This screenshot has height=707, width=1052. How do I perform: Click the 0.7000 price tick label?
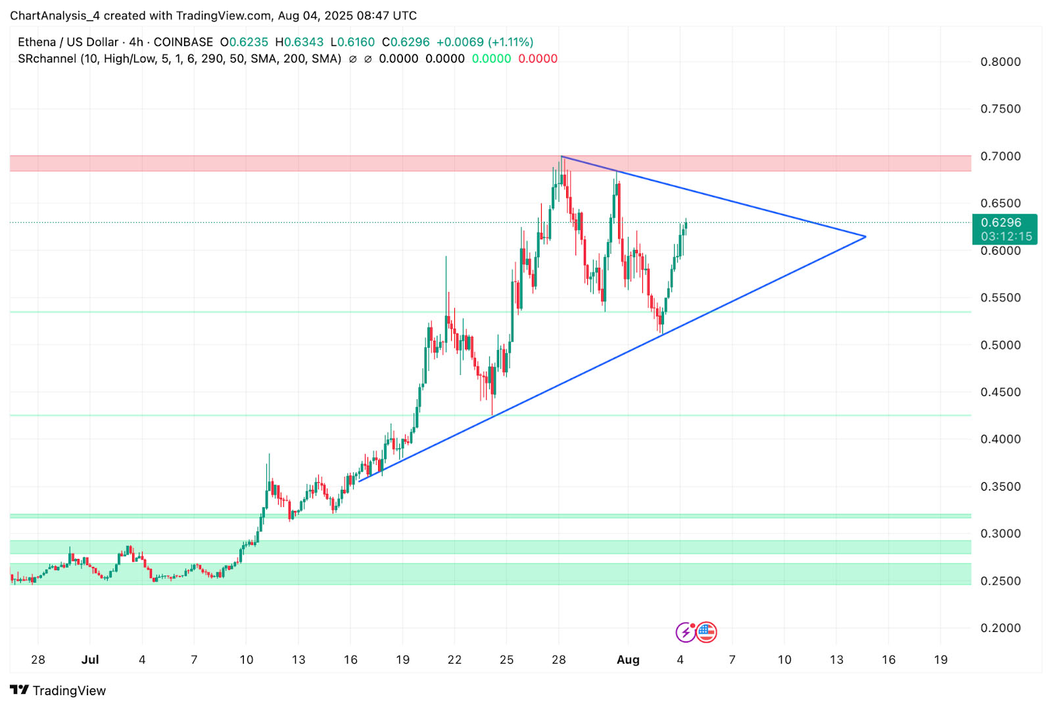click(x=1000, y=157)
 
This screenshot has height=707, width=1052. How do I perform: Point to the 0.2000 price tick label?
click(x=1000, y=628)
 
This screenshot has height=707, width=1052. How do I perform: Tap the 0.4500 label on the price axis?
click(x=1000, y=392)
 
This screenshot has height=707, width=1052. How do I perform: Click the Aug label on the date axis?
click(x=628, y=660)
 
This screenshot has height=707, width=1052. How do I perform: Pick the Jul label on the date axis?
click(x=90, y=660)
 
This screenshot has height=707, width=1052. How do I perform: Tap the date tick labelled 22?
click(x=454, y=660)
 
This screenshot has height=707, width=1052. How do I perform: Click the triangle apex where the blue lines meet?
click(x=865, y=237)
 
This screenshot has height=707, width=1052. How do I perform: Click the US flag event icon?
click(x=706, y=632)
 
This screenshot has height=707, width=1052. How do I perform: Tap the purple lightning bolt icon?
click(x=686, y=632)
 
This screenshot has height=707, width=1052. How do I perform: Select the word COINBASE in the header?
click(x=183, y=42)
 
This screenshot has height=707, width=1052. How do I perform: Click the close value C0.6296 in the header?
click(x=406, y=42)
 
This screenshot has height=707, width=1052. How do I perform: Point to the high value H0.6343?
click(x=299, y=42)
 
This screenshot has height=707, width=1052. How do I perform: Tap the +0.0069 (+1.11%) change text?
click(x=485, y=42)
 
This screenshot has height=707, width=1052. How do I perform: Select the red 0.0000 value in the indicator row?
click(x=538, y=59)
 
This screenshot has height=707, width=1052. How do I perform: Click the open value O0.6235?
click(x=244, y=42)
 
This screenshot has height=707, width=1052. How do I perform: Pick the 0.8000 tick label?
click(x=1000, y=62)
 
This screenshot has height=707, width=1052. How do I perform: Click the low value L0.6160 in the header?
click(x=352, y=42)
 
